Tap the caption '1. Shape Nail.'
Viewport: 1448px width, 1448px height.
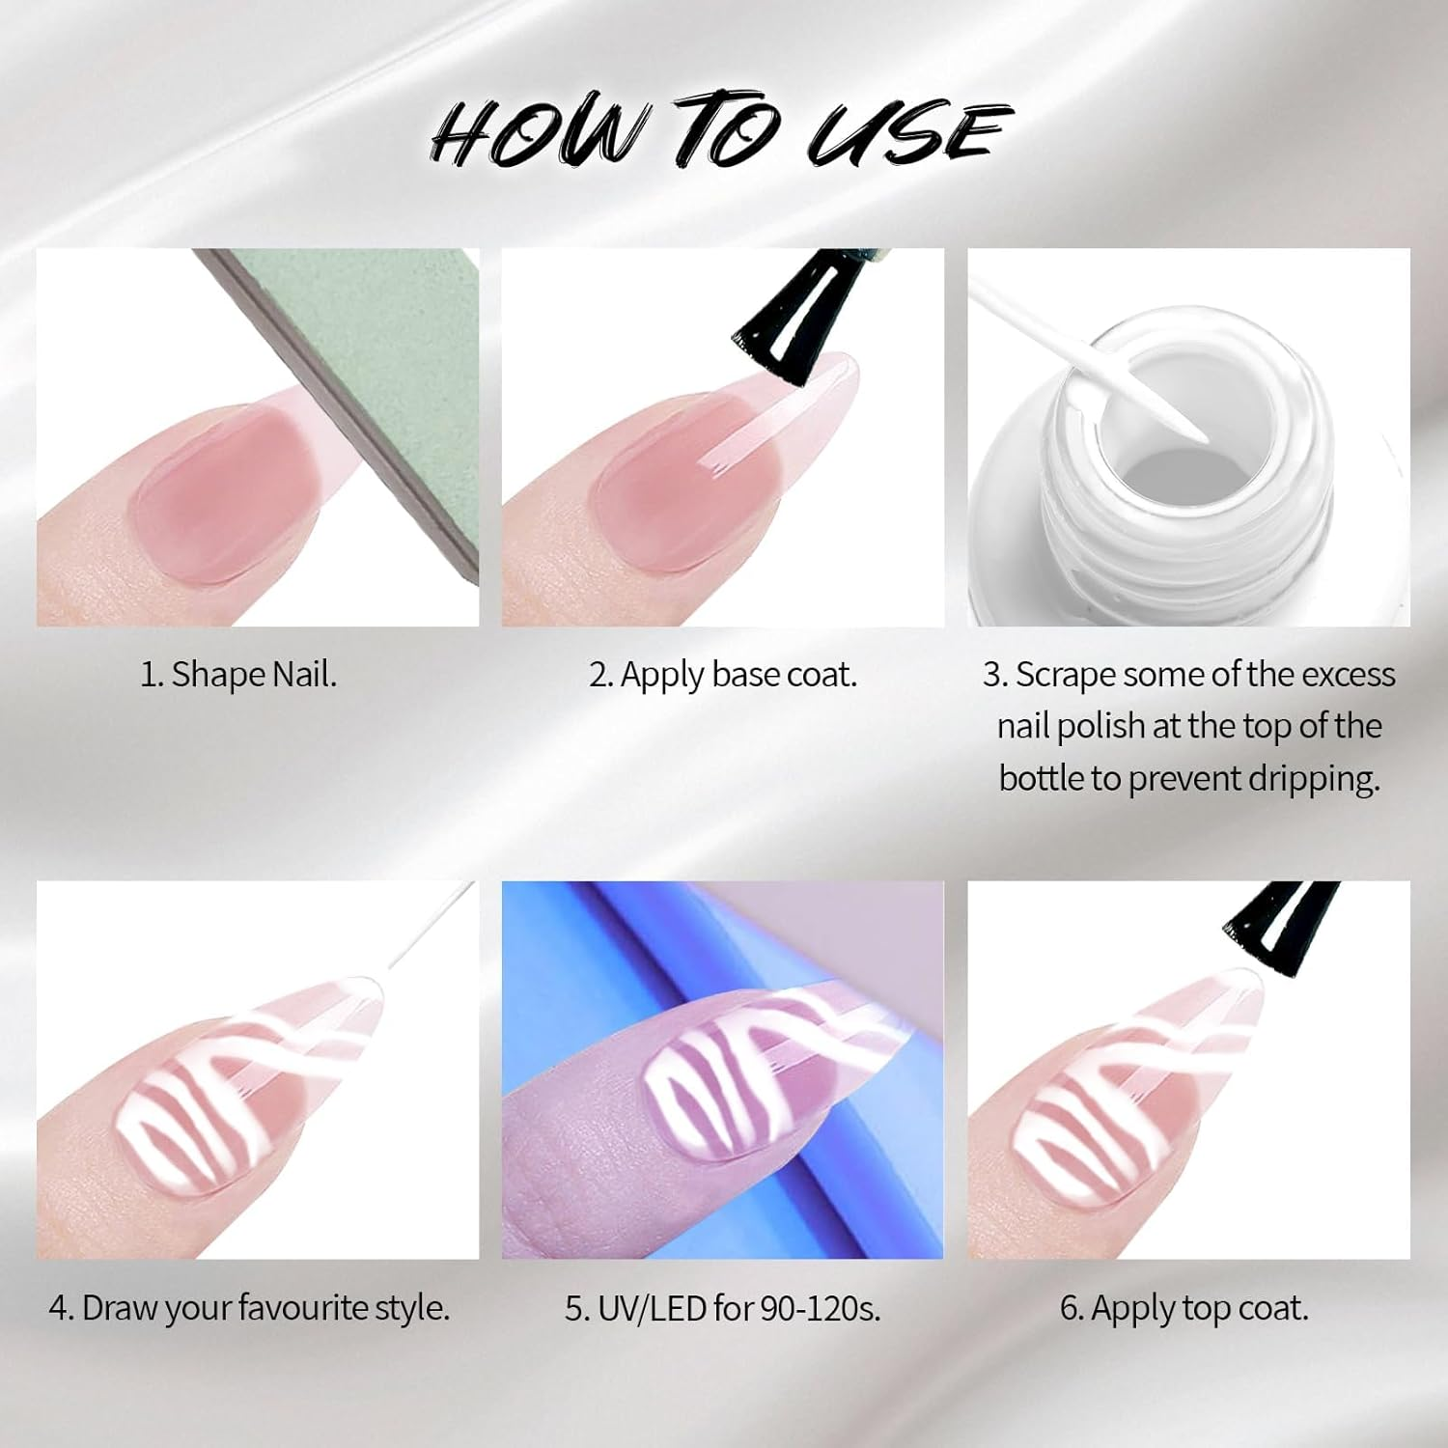pyautogui.click(x=238, y=674)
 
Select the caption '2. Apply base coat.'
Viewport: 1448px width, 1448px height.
pyautogui.click(x=723, y=674)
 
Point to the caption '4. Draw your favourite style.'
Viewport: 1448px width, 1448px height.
pyautogui.click(x=249, y=1308)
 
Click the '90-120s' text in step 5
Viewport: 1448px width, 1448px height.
pyautogui.click(x=820, y=1308)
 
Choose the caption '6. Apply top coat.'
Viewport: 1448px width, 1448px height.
pyautogui.click(x=1184, y=1308)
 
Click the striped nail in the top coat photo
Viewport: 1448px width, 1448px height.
pyautogui.click(x=1129, y=1100)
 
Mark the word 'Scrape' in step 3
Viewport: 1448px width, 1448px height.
pyautogui.click(x=1065, y=674)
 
